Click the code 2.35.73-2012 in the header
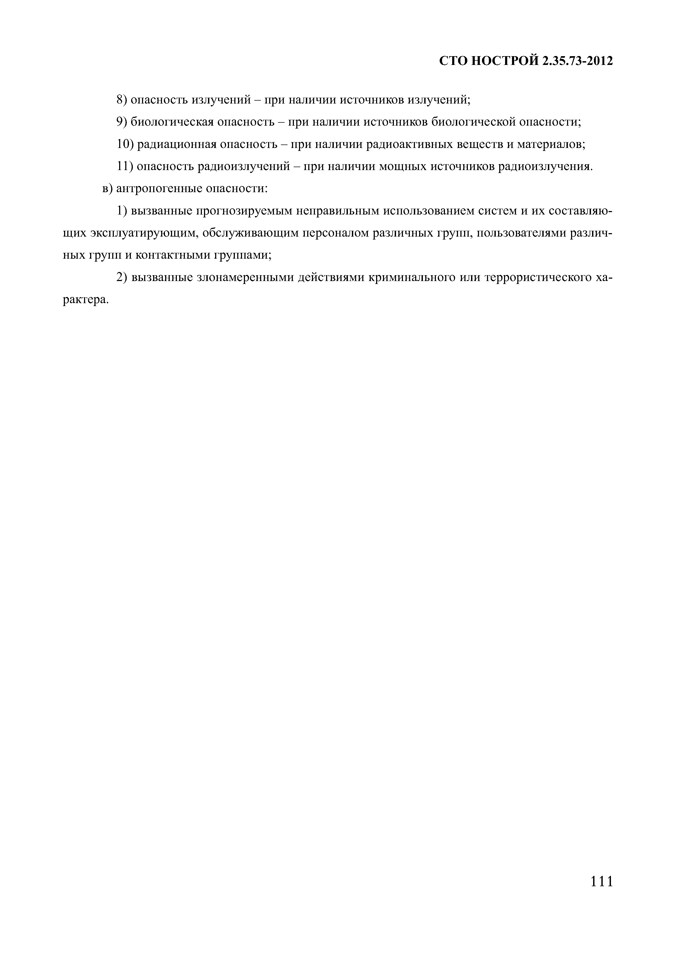[x=577, y=62]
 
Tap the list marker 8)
[x=122, y=100]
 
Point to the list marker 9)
[x=122, y=122]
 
